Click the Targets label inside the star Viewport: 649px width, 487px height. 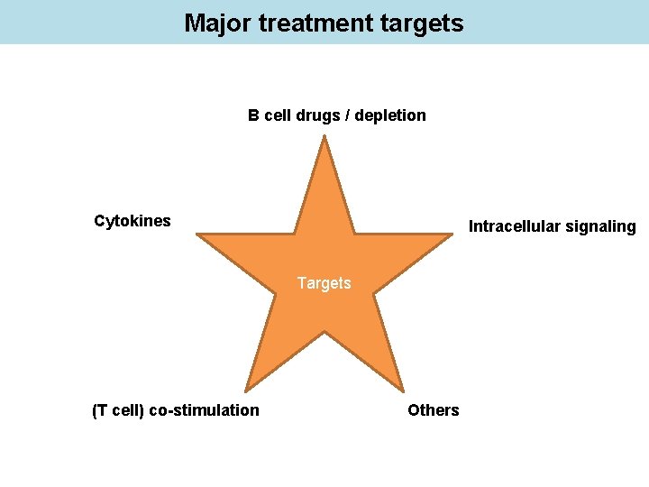324,283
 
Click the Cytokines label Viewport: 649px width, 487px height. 133,221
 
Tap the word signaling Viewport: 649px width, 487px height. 602,227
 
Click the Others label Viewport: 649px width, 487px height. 433,410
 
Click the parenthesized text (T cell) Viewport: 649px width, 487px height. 118,410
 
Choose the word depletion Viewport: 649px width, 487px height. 393,115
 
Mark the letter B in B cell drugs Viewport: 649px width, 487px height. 254,115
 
